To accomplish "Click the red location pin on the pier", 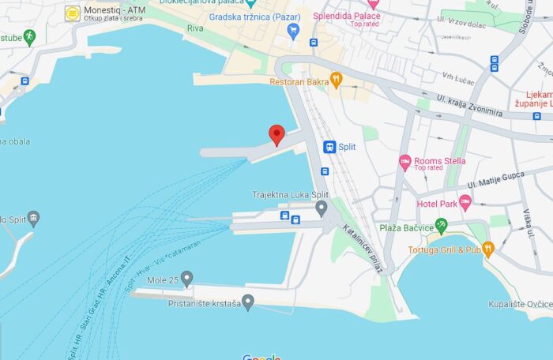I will point(276,135).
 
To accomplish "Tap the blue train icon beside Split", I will point(329,147).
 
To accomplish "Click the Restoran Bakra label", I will point(298,81).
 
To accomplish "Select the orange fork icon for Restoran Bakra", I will point(336,79).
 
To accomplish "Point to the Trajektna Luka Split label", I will point(290,195).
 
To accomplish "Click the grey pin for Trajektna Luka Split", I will point(321,208).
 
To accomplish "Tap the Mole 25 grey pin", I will point(186,279).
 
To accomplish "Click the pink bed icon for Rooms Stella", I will point(405,163).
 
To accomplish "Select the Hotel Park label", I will point(438,204).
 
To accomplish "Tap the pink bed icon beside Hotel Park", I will point(465,203).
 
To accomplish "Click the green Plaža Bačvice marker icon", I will point(441,227).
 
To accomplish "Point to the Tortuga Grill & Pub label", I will point(444,250).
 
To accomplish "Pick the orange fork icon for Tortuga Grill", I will point(488,249).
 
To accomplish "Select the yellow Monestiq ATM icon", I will point(73,13).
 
